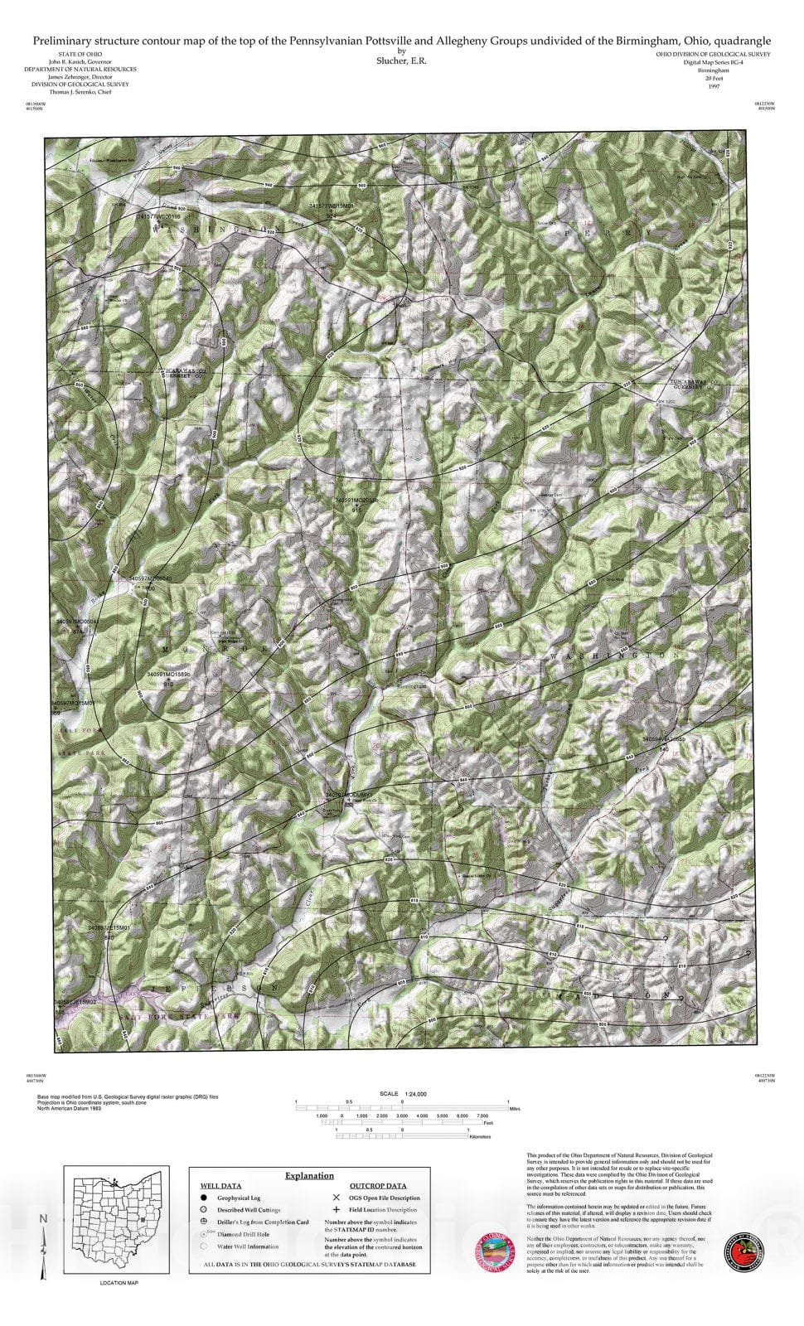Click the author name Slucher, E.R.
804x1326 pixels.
(401, 60)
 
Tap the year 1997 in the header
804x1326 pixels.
(713, 86)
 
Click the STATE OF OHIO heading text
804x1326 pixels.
(80, 54)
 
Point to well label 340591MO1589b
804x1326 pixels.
(169, 675)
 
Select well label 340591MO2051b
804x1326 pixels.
(357, 501)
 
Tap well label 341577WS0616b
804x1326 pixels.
(158, 215)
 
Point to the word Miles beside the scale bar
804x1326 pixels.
(515, 1108)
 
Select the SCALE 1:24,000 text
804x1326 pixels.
(402, 1094)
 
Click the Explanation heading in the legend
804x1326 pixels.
(309, 1175)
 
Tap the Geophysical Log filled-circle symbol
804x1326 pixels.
(203, 1198)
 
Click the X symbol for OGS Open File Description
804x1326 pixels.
(336, 1198)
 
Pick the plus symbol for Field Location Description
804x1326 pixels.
(336, 1210)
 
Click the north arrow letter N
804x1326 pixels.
(43, 1218)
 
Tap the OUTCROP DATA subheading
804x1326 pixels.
(378, 1186)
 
